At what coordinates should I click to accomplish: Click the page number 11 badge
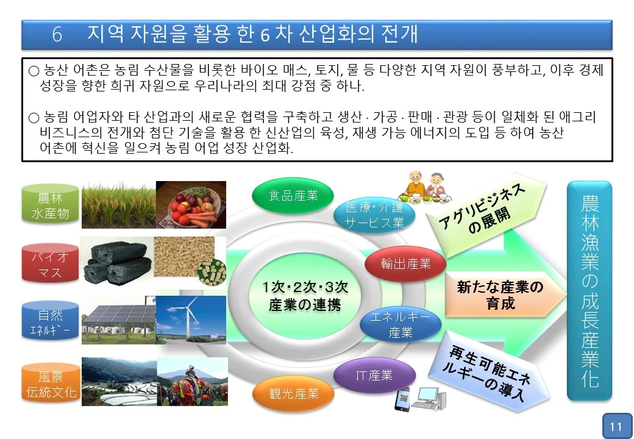click(x=616, y=426)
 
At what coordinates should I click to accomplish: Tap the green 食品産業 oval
click(x=293, y=195)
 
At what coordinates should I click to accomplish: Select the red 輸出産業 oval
click(x=405, y=263)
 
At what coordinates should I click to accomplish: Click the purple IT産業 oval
click(x=374, y=376)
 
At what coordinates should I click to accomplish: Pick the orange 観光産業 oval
click(x=294, y=393)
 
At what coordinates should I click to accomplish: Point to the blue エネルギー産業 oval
click(x=400, y=325)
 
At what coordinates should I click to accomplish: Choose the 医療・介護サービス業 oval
click(x=375, y=215)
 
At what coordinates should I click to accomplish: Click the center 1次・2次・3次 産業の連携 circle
click(x=304, y=296)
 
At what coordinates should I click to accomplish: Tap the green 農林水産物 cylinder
click(x=50, y=206)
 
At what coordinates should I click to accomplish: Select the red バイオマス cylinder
click(x=50, y=264)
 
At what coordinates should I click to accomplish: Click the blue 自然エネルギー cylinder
click(x=50, y=323)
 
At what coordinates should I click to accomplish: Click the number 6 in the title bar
click(x=57, y=35)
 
